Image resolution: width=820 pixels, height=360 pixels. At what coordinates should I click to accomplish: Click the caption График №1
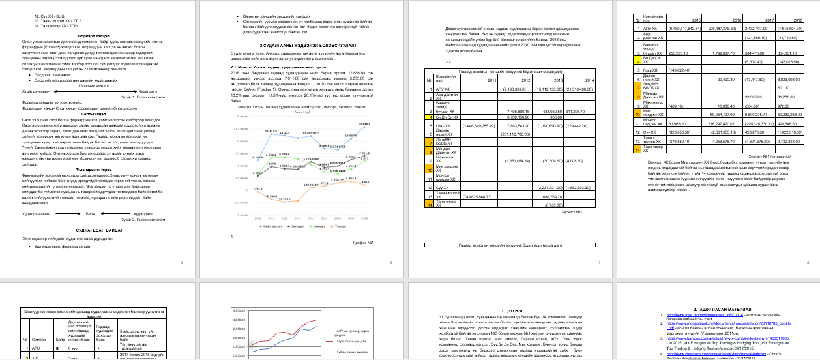(x=362, y=242)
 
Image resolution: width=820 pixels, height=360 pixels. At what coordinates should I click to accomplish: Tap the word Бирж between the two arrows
(x=91, y=213)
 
